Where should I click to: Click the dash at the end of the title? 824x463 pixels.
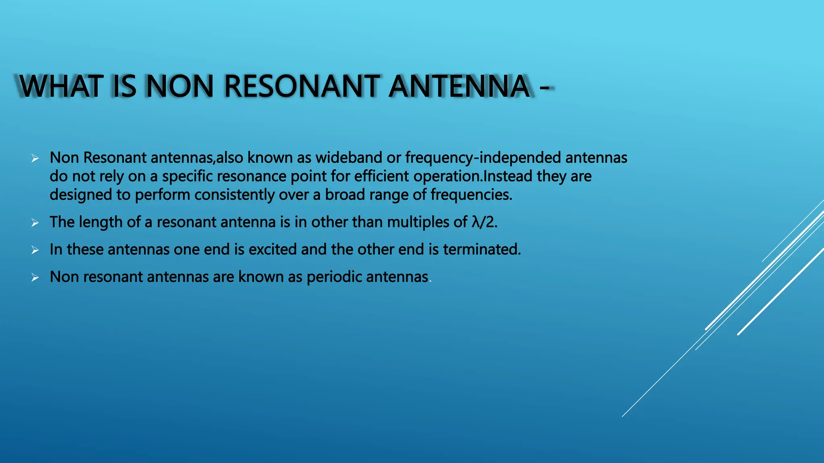(x=544, y=87)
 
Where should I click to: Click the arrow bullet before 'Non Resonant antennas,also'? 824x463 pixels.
(x=35, y=158)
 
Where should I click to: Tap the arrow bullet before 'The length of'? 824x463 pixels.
(x=35, y=223)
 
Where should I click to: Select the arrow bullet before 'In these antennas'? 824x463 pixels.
(x=35, y=250)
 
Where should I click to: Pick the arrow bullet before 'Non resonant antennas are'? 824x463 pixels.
(x=35, y=277)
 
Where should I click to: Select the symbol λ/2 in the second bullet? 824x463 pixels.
(x=484, y=222)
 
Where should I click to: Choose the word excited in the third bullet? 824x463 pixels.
(x=273, y=249)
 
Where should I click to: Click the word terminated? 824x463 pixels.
(x=482, y=249)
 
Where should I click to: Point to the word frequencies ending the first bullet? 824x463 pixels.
(x=471, y=195)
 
